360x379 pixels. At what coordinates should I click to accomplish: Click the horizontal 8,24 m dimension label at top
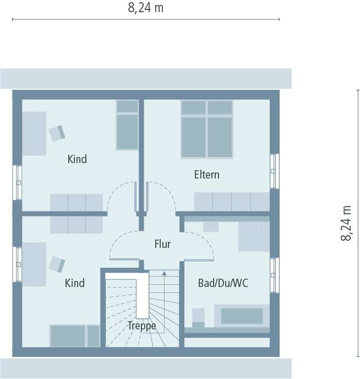(x=146, y=8)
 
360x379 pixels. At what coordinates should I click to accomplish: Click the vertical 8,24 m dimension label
(x=346, y=223)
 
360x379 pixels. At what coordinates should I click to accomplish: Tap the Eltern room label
(x=206, y=175)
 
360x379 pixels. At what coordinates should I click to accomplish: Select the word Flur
(x=162, y=244)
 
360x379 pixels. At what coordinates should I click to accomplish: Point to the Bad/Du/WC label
(x=223, y=283)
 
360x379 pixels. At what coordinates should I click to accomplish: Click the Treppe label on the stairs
(x=141, y=326)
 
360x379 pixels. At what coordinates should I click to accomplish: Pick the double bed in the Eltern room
(x=206, y=129)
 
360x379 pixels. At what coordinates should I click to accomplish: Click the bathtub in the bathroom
(x=242, y=316)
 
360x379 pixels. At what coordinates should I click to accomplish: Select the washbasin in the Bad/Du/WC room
(x=211, y=226)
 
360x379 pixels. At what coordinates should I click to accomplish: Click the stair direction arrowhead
(x=164, y=273)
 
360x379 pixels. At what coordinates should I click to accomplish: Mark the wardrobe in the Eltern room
(x=231, y=202)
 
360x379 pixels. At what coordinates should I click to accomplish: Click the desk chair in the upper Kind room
(x=57, y=133)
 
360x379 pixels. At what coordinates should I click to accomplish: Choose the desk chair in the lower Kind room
(x=57, y=264)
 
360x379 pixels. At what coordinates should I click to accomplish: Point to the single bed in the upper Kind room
(x=127, y=126)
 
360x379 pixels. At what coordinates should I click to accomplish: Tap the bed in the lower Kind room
(x=74, y=336)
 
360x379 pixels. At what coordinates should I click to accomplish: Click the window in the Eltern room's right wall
(x=274, y=171)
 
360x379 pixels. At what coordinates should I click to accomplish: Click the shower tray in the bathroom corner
(x=253, y=236)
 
